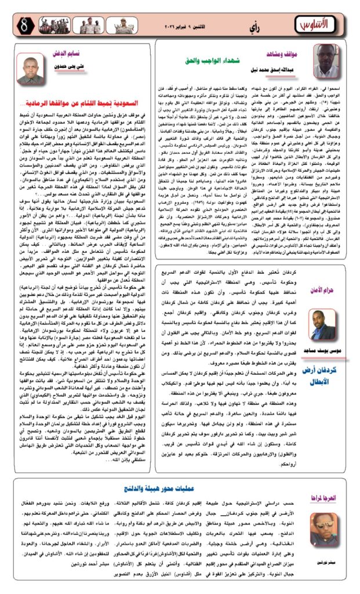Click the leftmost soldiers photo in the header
[x=51, y=25]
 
